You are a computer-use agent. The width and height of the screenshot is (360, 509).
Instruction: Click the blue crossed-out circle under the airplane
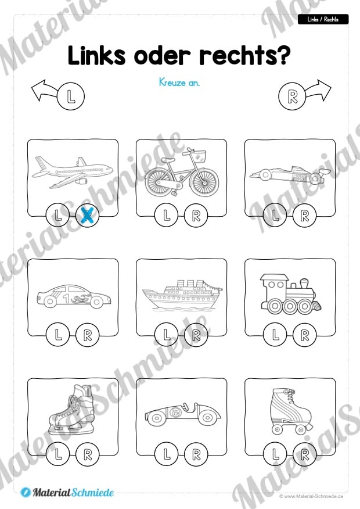tap(87, 215)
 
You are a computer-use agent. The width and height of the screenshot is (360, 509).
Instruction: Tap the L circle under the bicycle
tap(167, 215)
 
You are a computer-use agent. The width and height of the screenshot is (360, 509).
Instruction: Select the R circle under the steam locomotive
tap(304, 334)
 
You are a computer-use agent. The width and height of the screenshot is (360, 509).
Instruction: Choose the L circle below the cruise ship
tap(167, 334)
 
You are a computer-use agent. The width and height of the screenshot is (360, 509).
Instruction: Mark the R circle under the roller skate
tap(304, 454)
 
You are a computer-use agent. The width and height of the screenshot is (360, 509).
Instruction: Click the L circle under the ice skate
tap(57, 454)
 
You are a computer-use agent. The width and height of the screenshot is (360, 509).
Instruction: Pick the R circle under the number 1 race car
tap(87, 334)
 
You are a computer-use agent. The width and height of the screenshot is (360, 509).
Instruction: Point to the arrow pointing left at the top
tap(45, 90)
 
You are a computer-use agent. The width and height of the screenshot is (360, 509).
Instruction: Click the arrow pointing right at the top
tap(317, 90)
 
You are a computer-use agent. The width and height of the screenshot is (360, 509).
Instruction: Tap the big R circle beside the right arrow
tap(292, 96)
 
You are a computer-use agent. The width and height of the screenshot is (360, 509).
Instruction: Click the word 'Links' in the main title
tap(96, 55)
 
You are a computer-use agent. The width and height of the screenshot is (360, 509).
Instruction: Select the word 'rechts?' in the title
tap(244, 55)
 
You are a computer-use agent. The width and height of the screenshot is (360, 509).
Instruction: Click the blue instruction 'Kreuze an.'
tap(179, 83)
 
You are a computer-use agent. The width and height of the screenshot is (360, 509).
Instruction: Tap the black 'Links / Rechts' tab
tap(323, 20)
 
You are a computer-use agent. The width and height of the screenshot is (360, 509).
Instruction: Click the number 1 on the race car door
tap(66, 298)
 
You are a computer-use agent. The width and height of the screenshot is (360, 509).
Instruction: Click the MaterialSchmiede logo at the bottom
tap(67, 493)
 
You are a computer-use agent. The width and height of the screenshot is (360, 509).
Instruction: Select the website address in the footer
tap(311, 496)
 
